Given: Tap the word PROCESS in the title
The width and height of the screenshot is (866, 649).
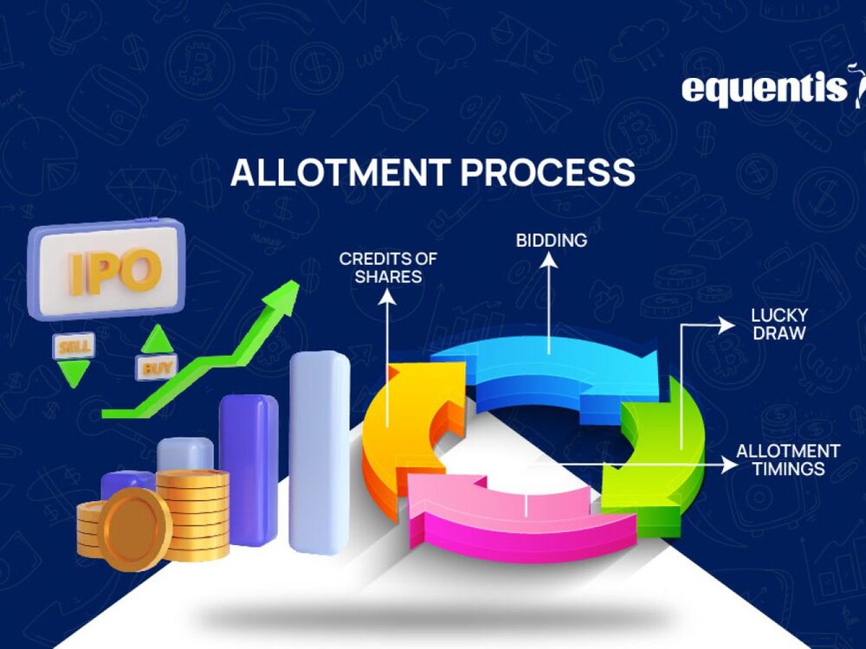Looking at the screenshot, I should point(548,172).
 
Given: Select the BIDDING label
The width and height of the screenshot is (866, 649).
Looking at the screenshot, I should point(552,239).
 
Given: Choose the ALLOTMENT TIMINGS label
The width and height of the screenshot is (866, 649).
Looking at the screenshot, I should point(787,459).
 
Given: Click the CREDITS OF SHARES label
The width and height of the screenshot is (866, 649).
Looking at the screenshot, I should point(388,267).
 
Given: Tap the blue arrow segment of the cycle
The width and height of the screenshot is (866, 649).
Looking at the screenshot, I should point(554,363).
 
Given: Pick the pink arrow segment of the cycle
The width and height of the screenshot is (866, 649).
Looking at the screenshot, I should point(511,519).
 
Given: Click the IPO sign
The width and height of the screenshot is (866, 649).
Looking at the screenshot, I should point(106,269).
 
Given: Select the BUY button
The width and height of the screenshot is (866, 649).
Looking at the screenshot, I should point(156,366).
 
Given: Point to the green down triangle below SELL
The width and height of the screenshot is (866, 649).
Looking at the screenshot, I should point(74,373).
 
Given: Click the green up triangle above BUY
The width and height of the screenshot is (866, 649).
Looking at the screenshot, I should point(157,339).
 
